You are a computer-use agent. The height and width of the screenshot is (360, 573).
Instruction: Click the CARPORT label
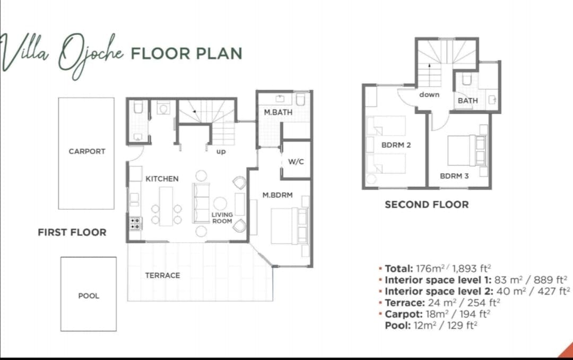[87, 151]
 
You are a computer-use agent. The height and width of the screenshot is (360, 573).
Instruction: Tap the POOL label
[89, 296]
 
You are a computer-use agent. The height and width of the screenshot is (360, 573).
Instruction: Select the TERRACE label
[163, 276]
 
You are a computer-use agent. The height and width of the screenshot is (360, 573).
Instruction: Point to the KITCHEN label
[162, 179]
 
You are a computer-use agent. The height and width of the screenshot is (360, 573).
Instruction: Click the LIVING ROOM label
[222, 218]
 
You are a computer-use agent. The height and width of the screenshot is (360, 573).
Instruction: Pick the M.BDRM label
[277, 195]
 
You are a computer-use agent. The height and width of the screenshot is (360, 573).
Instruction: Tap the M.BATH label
[278, 113]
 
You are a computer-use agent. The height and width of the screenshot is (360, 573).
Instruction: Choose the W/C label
[296, 162]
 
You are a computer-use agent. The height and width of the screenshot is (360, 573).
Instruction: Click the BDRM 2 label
[396, 145]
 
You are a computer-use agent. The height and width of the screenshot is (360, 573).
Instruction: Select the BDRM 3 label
[454, 176]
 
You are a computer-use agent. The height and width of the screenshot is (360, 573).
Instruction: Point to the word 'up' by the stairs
[221, 151]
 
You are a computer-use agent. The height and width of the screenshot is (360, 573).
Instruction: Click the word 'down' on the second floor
[429, 95]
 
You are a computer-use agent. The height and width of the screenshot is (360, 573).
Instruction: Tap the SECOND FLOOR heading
[427, 204]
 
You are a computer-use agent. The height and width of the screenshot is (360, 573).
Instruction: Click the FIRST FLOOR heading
[72, 233]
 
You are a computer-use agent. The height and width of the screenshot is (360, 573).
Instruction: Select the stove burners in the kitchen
[135, 224]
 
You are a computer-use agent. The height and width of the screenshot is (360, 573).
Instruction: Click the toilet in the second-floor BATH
[467, 79]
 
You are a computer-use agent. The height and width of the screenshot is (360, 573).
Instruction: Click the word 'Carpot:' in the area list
[404, 314]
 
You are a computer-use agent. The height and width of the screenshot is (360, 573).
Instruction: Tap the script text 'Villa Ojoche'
[62, 55]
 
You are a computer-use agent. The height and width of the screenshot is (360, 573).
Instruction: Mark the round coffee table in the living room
[220, 203]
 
